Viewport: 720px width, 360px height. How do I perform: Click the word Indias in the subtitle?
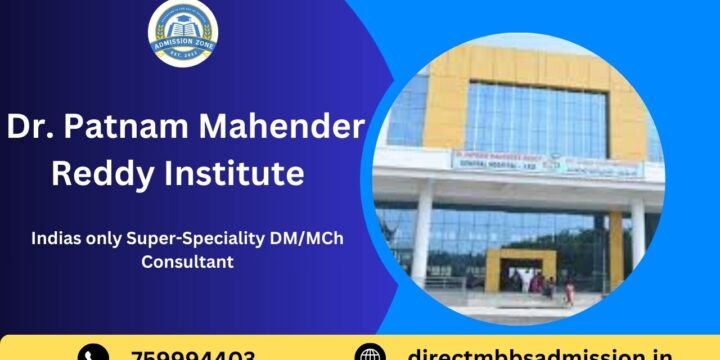[x=56, y=238]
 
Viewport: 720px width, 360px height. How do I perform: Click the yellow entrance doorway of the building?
[x=520, y=268]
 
